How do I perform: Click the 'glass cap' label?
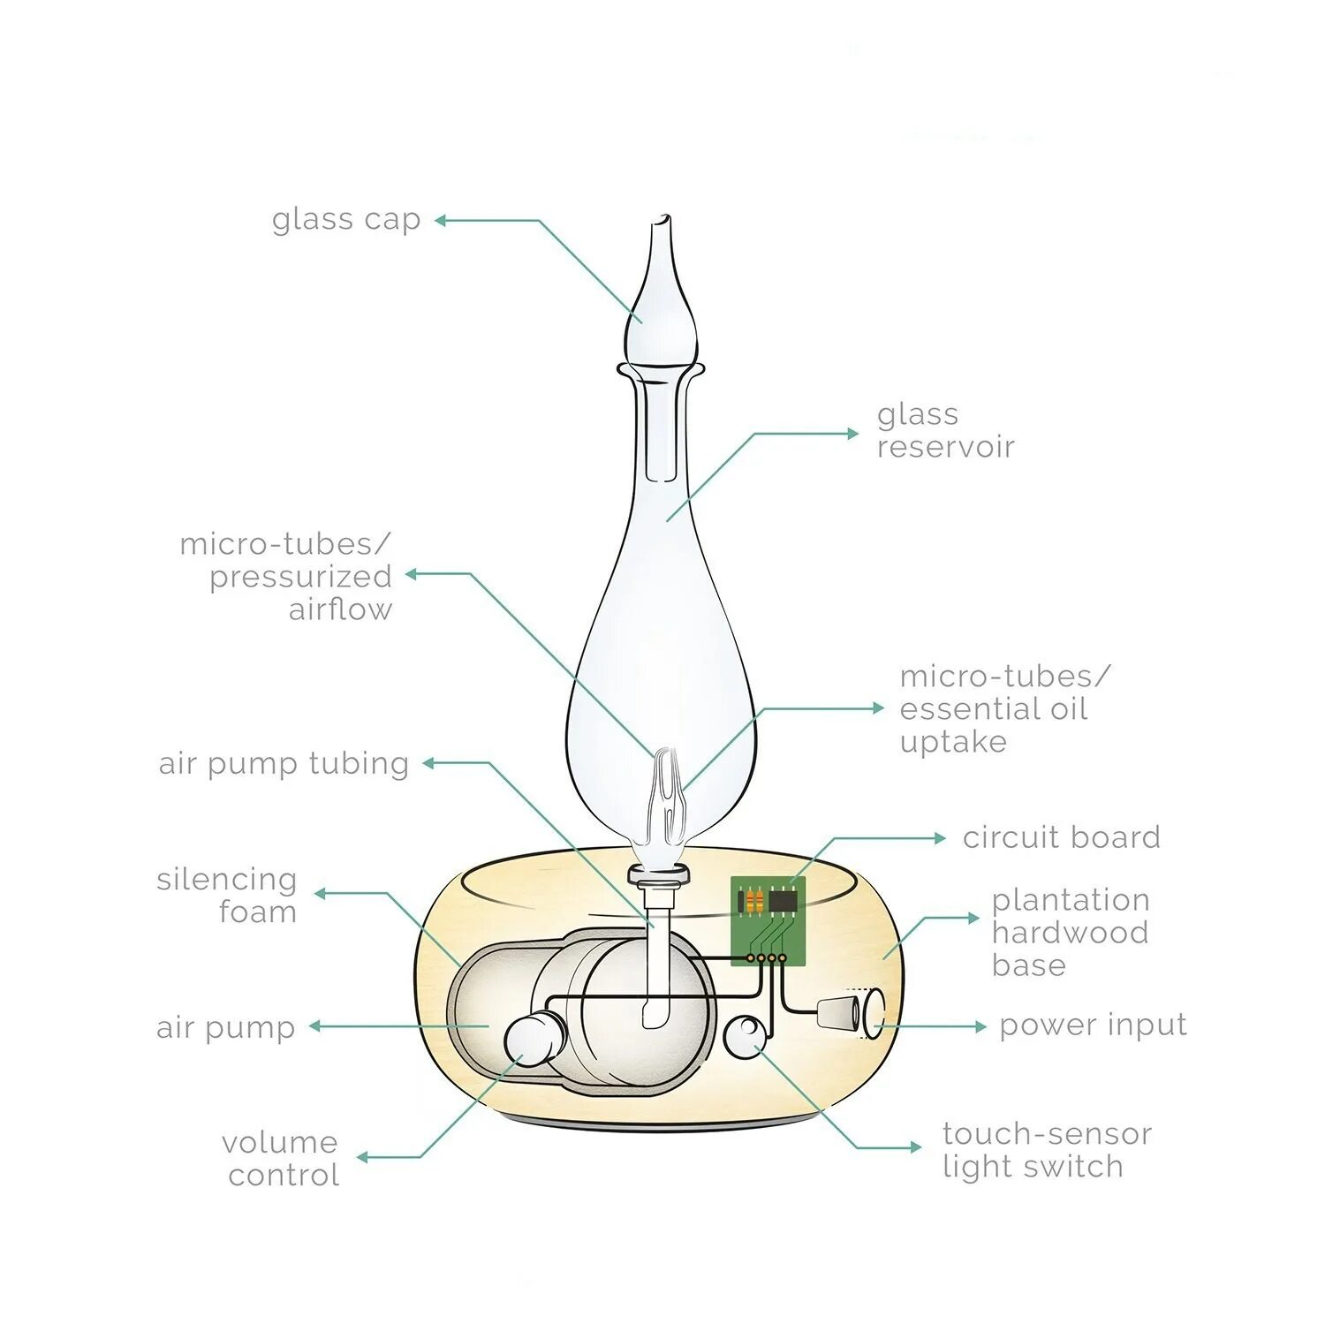tap(345, 220)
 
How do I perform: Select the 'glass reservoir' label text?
tap(944, 430)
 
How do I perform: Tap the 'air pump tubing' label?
tap(284, 764)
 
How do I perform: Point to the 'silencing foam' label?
tap(227, 895)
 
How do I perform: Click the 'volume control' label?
tap(282, 1158)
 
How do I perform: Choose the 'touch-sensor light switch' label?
tap(1047, 1149)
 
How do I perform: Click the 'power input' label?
tap(1093, 1025)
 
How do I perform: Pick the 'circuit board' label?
tap(1061, 837)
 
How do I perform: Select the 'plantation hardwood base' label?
tap(1070, 932)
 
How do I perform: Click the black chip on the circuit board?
tap(783, 900)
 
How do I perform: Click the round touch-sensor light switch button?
tap(746, 1035)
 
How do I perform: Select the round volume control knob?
tap(534, 1040)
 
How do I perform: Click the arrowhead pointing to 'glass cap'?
tap(439, 220)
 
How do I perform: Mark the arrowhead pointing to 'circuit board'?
tap(941, 837)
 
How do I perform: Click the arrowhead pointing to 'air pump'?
tap(314, 1026)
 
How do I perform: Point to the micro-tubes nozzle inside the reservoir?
tap(665, 791)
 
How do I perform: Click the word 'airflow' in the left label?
tap(340, 609)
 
